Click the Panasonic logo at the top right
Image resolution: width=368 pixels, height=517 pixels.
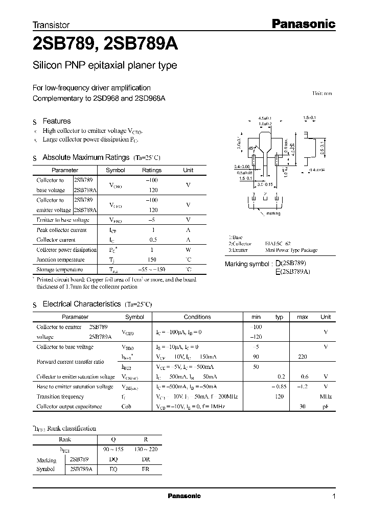click(x=302, y=24)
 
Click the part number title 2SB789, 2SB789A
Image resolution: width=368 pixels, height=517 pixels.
click(x=105, y=45)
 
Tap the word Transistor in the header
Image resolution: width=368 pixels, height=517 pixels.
click(x=51, y=25)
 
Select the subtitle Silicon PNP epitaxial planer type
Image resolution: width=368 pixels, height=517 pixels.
click(x=105, y=66)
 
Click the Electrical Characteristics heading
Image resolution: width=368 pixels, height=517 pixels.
click(x=82, y=304)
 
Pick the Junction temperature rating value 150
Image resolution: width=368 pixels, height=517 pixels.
click(x=151, y=260)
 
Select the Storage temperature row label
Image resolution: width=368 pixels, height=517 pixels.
click(x=60, y=269)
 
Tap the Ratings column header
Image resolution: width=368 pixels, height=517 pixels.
click(x=151, y=171)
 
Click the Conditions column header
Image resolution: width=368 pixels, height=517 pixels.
click(x=197, y=317)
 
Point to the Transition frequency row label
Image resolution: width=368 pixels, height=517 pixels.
click(x=60, y=396)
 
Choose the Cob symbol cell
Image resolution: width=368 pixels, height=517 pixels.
click(x=127, y=407)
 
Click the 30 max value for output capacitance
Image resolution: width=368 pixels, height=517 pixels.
click(x=302, y=407)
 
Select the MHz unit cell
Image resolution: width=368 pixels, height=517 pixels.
click(x=326, y=396)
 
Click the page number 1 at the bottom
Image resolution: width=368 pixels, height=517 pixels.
click(x=334, y=497)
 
